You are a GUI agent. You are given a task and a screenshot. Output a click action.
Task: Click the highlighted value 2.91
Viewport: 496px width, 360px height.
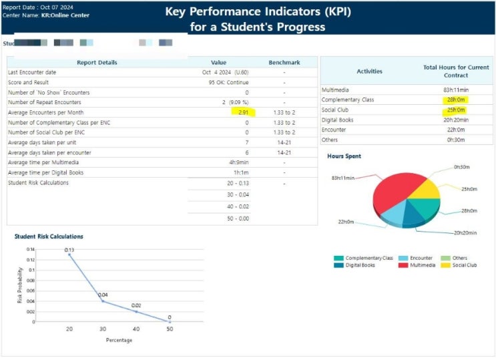pos(243,112)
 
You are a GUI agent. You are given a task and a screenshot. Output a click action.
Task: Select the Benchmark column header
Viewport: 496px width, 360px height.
pos(284,63)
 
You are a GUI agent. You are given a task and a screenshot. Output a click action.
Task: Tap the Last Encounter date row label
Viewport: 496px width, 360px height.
pos(32,72)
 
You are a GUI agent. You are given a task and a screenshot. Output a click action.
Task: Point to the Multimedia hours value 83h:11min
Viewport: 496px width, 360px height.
pos(456,89)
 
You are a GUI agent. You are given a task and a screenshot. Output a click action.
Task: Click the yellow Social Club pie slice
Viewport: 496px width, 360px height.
pos(425,189)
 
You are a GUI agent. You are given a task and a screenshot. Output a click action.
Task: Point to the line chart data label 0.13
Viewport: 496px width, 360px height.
pos(69,250)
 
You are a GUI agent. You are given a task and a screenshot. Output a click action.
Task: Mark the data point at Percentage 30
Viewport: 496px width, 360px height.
pos(102,301)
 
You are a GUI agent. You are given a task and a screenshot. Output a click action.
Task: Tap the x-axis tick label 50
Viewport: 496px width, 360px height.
pos(170,329)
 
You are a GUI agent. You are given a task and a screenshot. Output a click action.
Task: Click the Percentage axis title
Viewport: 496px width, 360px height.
pos(119,340)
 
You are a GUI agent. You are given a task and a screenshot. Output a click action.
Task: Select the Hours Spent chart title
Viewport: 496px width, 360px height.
pos(344,156)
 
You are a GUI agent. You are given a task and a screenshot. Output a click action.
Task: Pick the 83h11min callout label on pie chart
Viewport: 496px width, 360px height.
pos(342,178)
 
